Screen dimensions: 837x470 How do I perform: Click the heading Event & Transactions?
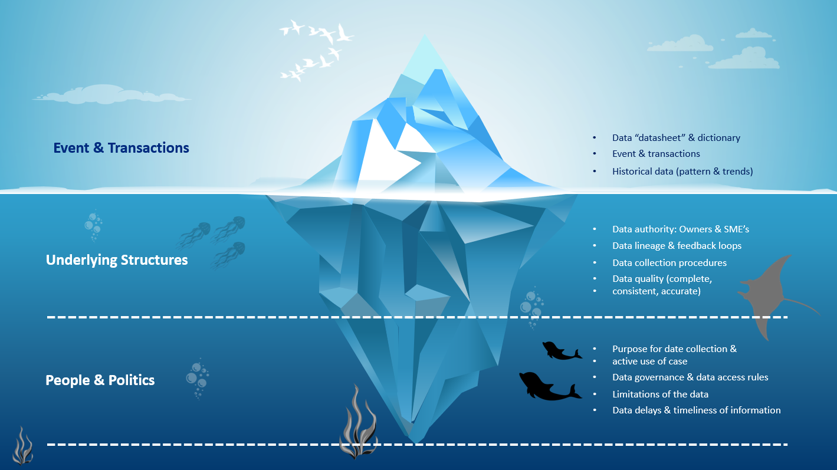pyautogui.click(x=121, y=148)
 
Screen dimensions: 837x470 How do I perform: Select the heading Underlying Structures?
pyautogui.click(x=117, y=260)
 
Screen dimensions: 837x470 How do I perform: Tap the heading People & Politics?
pyautogui.click(x=100, y=380)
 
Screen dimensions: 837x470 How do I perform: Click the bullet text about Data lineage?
pyautogui.click(x=677, y=246)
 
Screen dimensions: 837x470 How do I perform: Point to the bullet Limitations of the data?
pyautogui.click(x=660, y=395)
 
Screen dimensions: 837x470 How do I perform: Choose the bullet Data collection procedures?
pyautogui.click(x=669, y=263)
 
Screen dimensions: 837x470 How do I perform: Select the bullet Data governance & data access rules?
pyautogui.click(x=690, y=377)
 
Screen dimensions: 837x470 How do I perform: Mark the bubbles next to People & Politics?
pyautogui.click(x=197, y=377)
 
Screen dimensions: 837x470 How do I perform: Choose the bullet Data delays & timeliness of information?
pyautogui.click(x=696, y=410)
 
